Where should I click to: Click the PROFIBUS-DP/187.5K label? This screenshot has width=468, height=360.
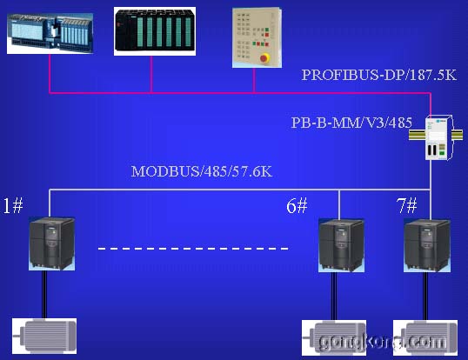point(379,75)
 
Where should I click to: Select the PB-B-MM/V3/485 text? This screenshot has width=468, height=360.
point(351,123)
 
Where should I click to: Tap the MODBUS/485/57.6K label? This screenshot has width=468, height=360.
point(202,171)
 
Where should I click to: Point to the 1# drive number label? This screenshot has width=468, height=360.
point(13,205)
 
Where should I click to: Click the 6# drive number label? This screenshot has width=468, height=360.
point(297,205)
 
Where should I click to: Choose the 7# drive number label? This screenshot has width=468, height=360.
point(406,205)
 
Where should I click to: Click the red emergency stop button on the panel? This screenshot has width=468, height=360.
point(264,58)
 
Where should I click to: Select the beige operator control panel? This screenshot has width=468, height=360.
point(257,37)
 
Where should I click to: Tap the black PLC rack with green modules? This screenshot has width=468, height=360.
point(155,31)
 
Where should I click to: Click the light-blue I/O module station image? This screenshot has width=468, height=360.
point(50,33)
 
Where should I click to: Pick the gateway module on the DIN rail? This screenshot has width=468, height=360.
point(437,137)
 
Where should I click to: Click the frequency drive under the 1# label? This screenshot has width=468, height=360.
point(51,243)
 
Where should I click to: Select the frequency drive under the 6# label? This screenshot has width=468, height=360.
point(342,245)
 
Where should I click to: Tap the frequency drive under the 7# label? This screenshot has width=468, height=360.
point(427,245)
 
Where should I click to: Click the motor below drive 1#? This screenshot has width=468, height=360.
point(44,337)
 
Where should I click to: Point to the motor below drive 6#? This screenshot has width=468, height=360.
point(334,338)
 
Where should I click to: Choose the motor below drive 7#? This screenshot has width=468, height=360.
point(425,338)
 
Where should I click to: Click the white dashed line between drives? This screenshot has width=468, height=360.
point(193,249)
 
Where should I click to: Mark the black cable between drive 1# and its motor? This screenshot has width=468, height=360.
point(44,295)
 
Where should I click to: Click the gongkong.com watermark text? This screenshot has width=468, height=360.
point(383,342)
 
